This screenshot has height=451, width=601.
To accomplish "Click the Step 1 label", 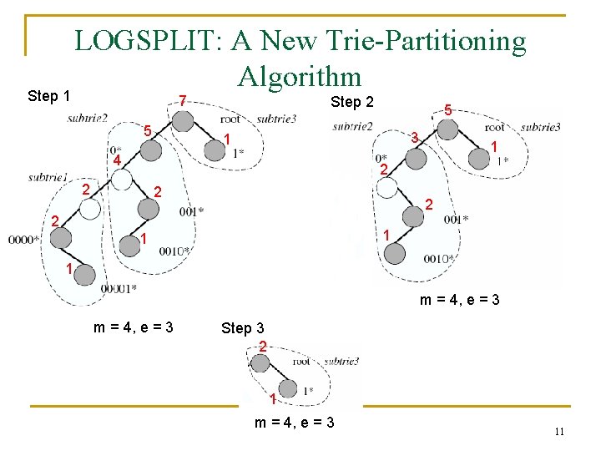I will (48, 96).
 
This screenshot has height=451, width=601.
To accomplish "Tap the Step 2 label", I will (351, 103).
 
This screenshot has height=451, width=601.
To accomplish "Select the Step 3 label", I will (242, 328).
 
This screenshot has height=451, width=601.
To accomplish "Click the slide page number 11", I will (559, 431).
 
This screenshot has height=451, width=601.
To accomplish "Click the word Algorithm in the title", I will (299, 76).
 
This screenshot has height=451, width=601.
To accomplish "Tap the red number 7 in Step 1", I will (184, 99).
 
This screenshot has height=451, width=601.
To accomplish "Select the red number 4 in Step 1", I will (118, 160).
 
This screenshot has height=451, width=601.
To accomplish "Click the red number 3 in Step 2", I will (414, 136).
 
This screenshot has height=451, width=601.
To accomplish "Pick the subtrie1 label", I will (48, 177).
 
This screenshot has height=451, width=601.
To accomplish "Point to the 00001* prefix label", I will (119, 288).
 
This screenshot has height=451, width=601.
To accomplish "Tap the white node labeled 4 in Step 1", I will (122, 180).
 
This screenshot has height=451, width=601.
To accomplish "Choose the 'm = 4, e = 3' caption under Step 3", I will (294, 423).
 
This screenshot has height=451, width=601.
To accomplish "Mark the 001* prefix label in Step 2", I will (456, 220).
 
